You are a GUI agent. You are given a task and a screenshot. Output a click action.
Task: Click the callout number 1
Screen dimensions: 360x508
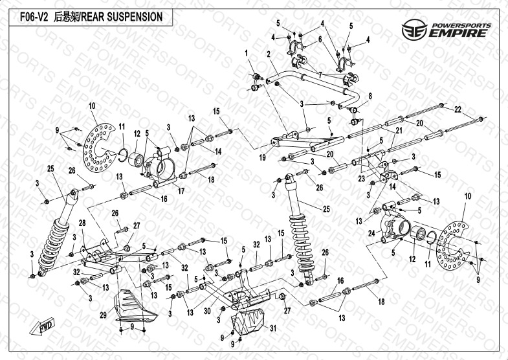point(247,52)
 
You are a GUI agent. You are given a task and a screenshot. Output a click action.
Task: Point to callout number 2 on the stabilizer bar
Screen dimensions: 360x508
point(267,54)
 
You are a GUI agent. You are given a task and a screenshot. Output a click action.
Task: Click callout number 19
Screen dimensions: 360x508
point(262,157)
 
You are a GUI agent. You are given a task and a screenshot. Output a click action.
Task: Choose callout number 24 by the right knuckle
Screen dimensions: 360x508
point(371,233)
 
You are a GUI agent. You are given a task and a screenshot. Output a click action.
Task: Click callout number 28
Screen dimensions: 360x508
point(82,223)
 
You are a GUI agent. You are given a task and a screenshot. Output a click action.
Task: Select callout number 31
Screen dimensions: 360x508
point(272,328)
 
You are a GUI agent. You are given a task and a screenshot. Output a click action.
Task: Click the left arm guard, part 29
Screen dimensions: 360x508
point(132,308)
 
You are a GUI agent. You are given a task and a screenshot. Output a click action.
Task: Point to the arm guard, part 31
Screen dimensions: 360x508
point(248,327)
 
